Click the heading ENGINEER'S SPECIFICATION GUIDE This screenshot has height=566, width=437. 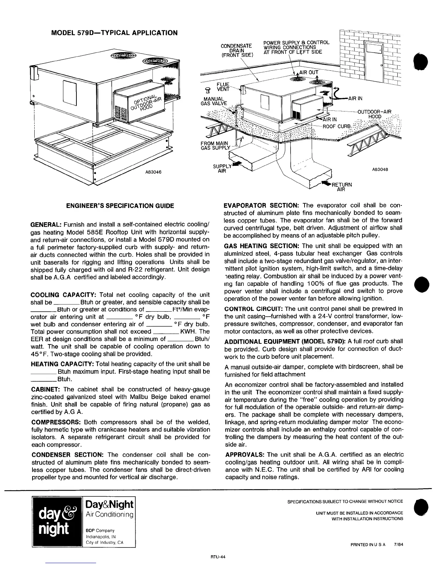point(120,206)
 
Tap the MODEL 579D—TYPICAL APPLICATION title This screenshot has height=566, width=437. point(114,33)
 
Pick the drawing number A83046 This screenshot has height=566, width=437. point(153,172)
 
